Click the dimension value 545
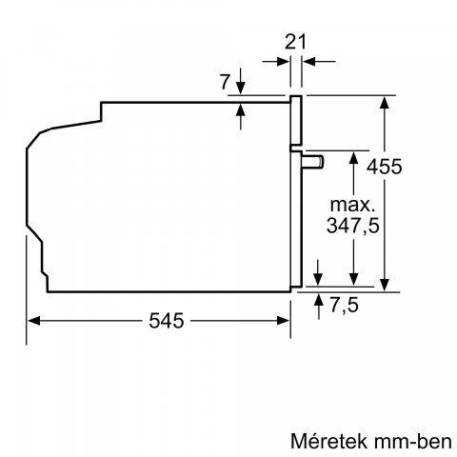point(162,322)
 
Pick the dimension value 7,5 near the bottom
point(344,308)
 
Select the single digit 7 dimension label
point(225,83)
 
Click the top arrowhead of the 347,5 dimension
point(354,156)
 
